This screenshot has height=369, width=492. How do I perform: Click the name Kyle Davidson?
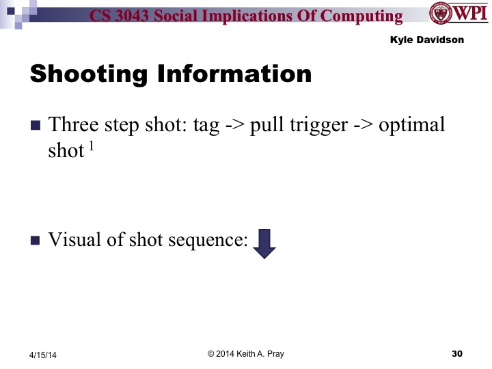click(427, 40)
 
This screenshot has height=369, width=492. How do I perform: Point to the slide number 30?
click(458, 353)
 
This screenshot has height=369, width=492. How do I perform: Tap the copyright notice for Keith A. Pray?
click(245, 353)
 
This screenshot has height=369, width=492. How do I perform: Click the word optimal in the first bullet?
click(413, 126)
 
